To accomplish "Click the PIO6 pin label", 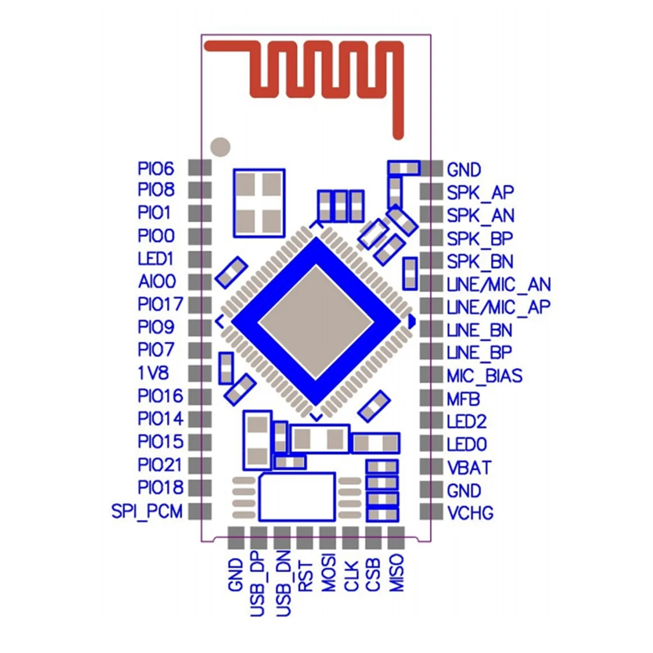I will point(156,169).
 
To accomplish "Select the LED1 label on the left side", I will point(156,258).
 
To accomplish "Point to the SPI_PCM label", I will point(147,512).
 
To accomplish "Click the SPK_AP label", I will point(480,193).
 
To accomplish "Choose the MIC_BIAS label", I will point(484,376).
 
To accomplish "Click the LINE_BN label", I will point(479,330).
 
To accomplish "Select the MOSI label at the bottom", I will point(328,573).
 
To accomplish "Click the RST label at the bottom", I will point(305,576).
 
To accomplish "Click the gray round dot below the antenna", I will point(220,146).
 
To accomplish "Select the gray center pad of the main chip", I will point(316,322).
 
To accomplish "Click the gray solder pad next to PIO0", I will point(200,236).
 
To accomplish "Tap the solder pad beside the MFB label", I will point(431,398).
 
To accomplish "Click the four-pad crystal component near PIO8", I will point(259,203).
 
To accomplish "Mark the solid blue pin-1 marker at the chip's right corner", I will point(411,322).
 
